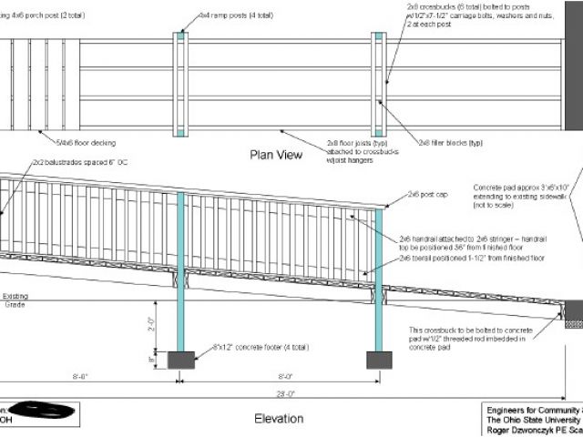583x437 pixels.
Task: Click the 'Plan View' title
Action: (276, 155)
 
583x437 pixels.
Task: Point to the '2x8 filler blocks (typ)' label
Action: (451, 142)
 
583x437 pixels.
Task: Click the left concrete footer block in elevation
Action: (181, 360)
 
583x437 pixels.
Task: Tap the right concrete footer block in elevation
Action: (379, 360)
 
